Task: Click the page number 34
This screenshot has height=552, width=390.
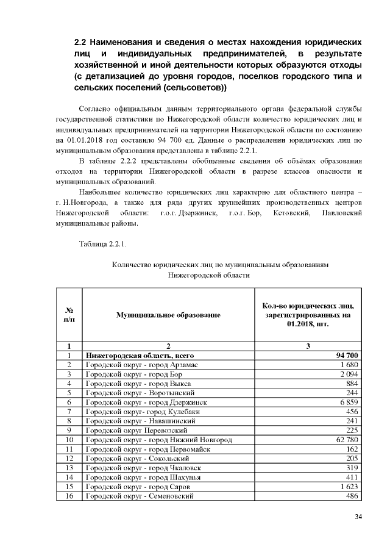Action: pos(358,517)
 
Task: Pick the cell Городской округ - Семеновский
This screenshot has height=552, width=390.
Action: pos(140,496)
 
